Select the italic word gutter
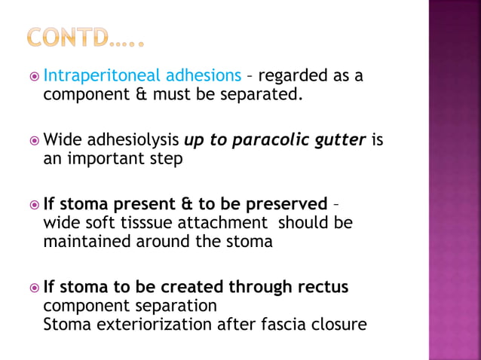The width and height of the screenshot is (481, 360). pos(343,141)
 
